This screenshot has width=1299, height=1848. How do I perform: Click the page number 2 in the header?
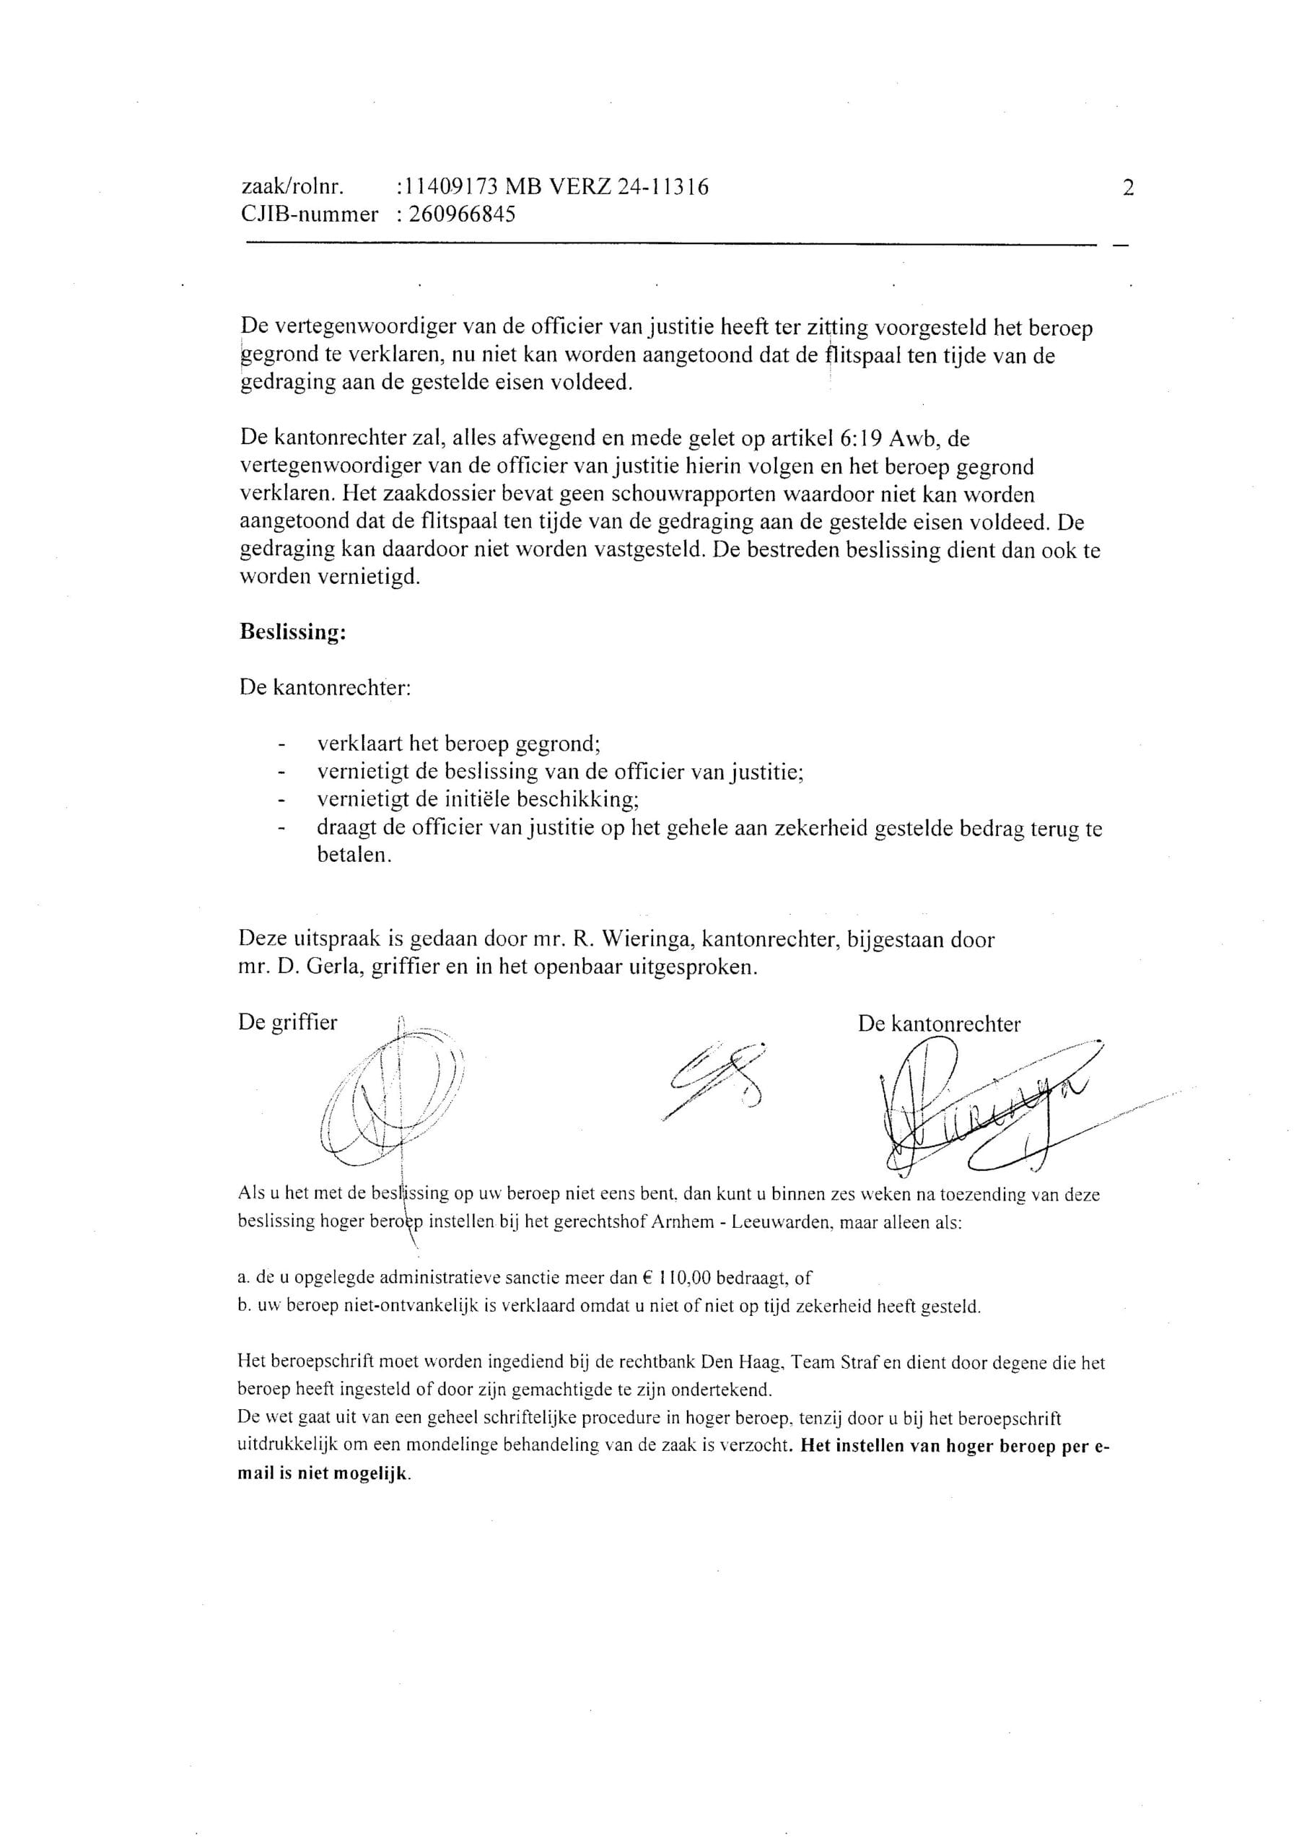tap(1127, 188)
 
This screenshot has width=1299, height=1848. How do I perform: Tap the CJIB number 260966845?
tap(462, 215)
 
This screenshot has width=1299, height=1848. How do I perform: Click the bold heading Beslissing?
tap(293, 632)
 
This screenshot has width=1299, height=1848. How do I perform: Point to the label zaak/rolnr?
tap(293, 188)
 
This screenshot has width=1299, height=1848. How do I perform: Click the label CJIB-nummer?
tap(309, 215)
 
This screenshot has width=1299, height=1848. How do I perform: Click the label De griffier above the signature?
tap(287, 1023)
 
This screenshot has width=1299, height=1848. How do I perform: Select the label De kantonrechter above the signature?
tap(939, 1024)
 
